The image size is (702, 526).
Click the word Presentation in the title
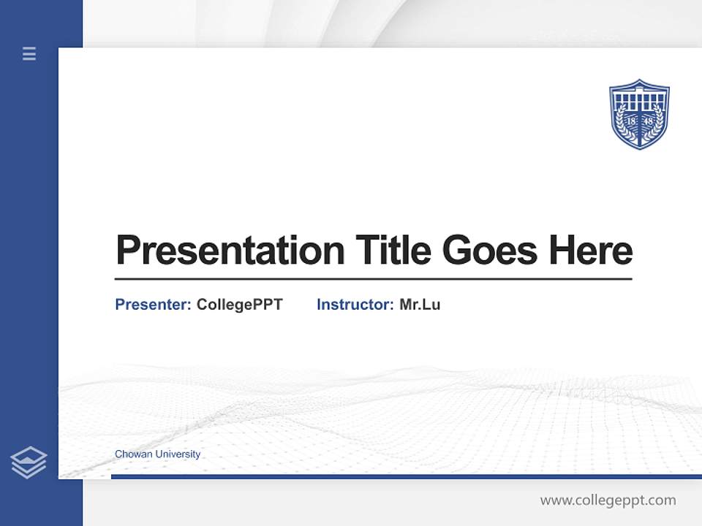[x=230, y=251]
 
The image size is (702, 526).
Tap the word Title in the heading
[x=393, y=251]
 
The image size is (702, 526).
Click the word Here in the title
[x=591, y=251]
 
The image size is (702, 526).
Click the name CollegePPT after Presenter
[x=239, y=305]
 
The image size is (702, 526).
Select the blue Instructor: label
[x=355, y=305]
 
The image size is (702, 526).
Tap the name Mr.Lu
[x=420, y=305]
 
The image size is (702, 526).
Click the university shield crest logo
[x=639, y=114]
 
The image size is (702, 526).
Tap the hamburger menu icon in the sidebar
[x=29, y=53]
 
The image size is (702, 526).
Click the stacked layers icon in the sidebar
[x=29, y=462]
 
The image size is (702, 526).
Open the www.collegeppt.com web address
[x=608, y=500]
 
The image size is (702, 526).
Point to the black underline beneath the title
[x=373, y=279]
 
